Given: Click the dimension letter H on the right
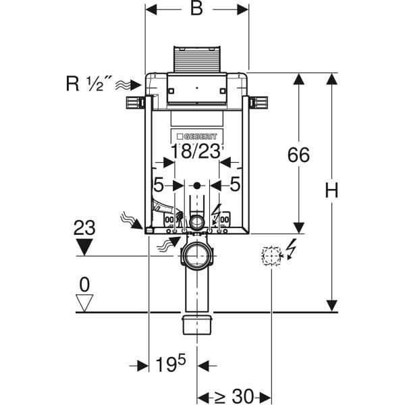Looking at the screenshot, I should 331,191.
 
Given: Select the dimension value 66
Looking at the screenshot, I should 298,155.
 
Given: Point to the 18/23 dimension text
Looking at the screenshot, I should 196,151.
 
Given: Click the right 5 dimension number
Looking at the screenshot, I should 236,184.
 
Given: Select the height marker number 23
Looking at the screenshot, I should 84,227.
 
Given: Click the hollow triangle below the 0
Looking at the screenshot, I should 84,303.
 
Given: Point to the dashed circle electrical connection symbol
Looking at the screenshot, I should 271,256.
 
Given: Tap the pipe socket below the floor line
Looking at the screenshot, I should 197,323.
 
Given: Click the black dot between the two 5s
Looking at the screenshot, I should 196,184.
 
